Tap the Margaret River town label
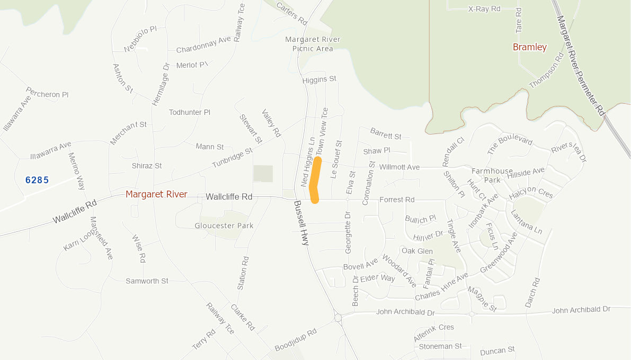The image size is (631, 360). point(156,194)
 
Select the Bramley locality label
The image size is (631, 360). point(529,47)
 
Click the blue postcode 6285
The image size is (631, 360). point(37,180)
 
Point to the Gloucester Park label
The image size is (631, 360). point(224,226)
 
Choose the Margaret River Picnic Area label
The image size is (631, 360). point(313,44)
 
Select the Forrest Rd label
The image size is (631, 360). point(397,200)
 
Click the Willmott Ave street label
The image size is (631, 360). point(399,167)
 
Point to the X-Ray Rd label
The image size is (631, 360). point(484,9)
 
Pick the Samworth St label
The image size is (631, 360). point(147,281)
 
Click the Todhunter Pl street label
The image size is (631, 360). point(189,112)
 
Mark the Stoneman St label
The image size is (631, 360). point(440,346)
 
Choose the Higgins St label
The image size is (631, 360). point(319,79)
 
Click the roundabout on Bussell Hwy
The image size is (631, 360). point(337,318)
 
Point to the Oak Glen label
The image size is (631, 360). point(417,251)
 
